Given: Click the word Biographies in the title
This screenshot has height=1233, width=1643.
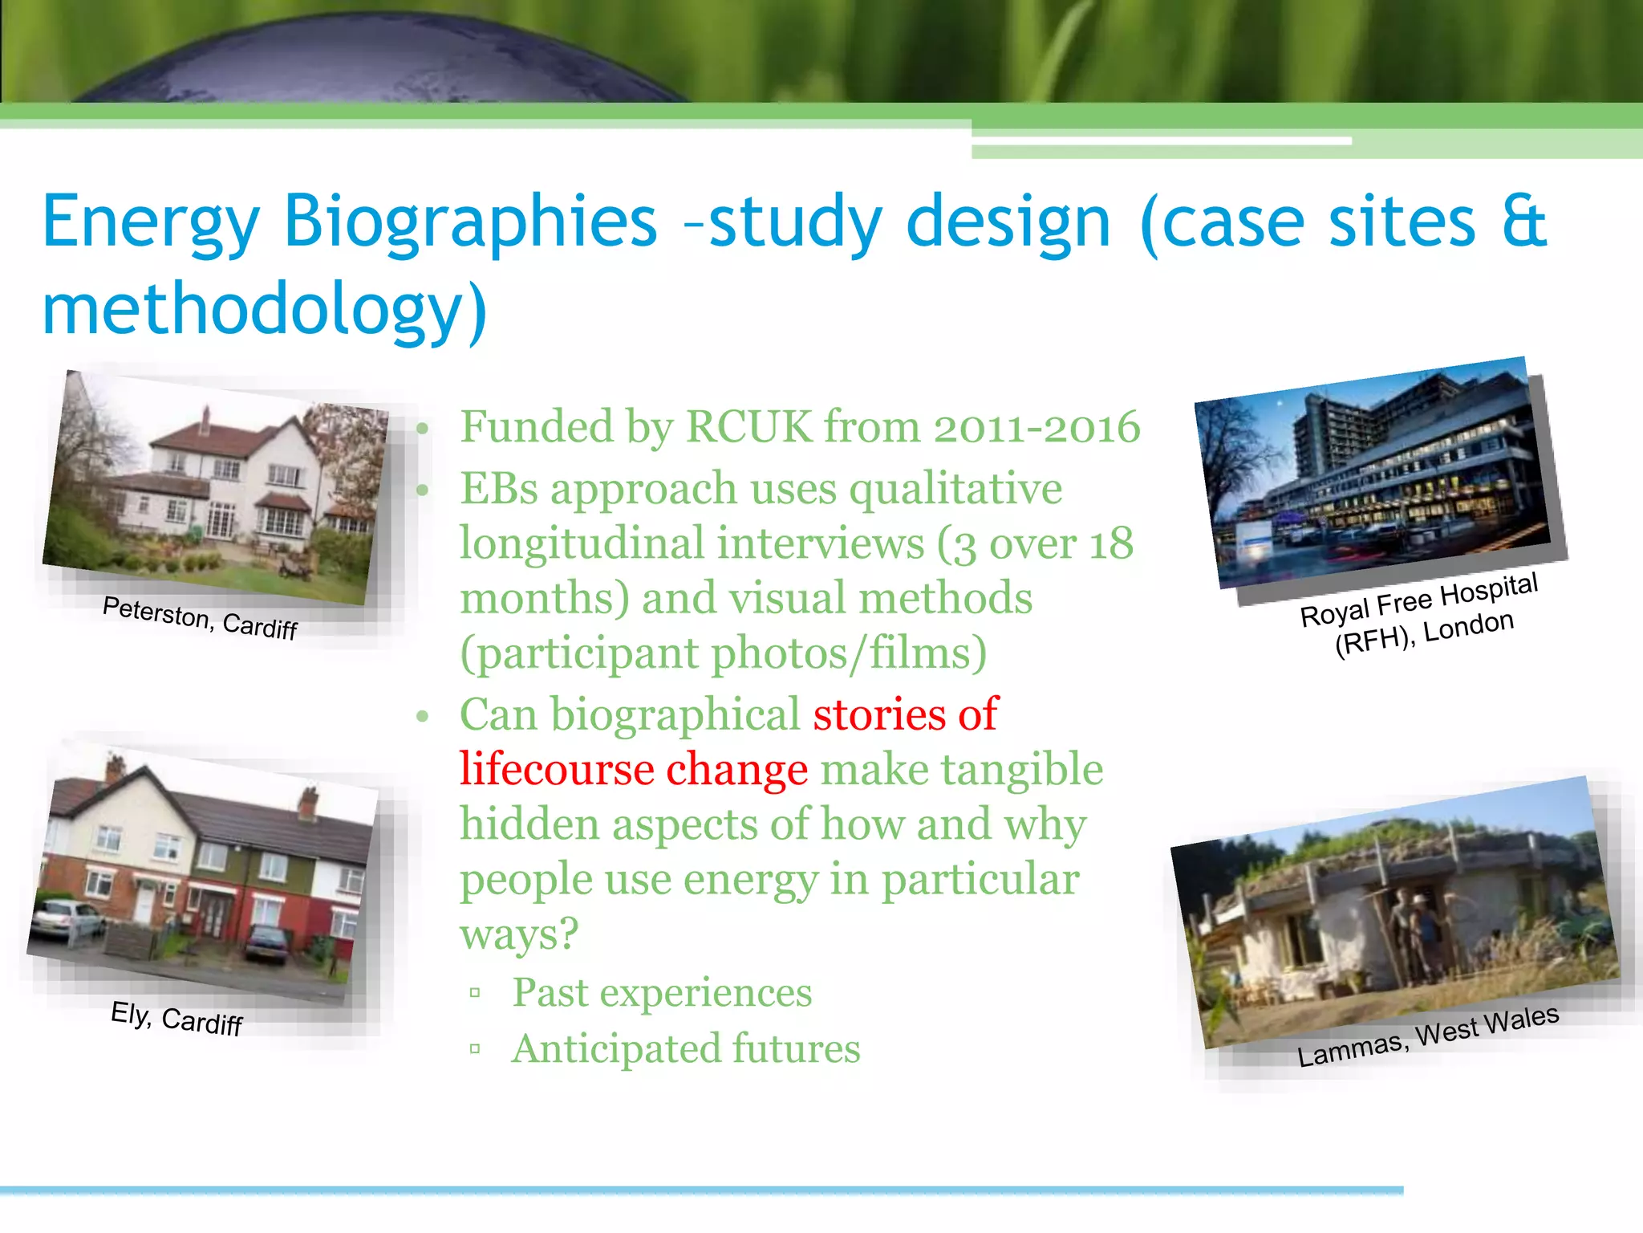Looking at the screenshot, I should [x=470, y=223].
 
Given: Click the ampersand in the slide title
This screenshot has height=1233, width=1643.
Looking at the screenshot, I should [x=1523, y=222].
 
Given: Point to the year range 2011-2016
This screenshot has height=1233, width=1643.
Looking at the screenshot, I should [x=1037, y=427].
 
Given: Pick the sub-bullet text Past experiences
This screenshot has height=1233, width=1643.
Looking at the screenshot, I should [x=662, y=993].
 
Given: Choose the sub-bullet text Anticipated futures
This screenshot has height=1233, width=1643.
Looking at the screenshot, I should [x=686, y=1049].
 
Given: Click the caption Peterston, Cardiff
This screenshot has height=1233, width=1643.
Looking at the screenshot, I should [x=200, y=617].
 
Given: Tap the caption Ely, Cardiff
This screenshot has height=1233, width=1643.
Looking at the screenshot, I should [x=176, y=1018].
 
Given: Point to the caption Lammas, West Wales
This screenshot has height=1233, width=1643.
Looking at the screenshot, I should [x=1428, y=1036].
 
